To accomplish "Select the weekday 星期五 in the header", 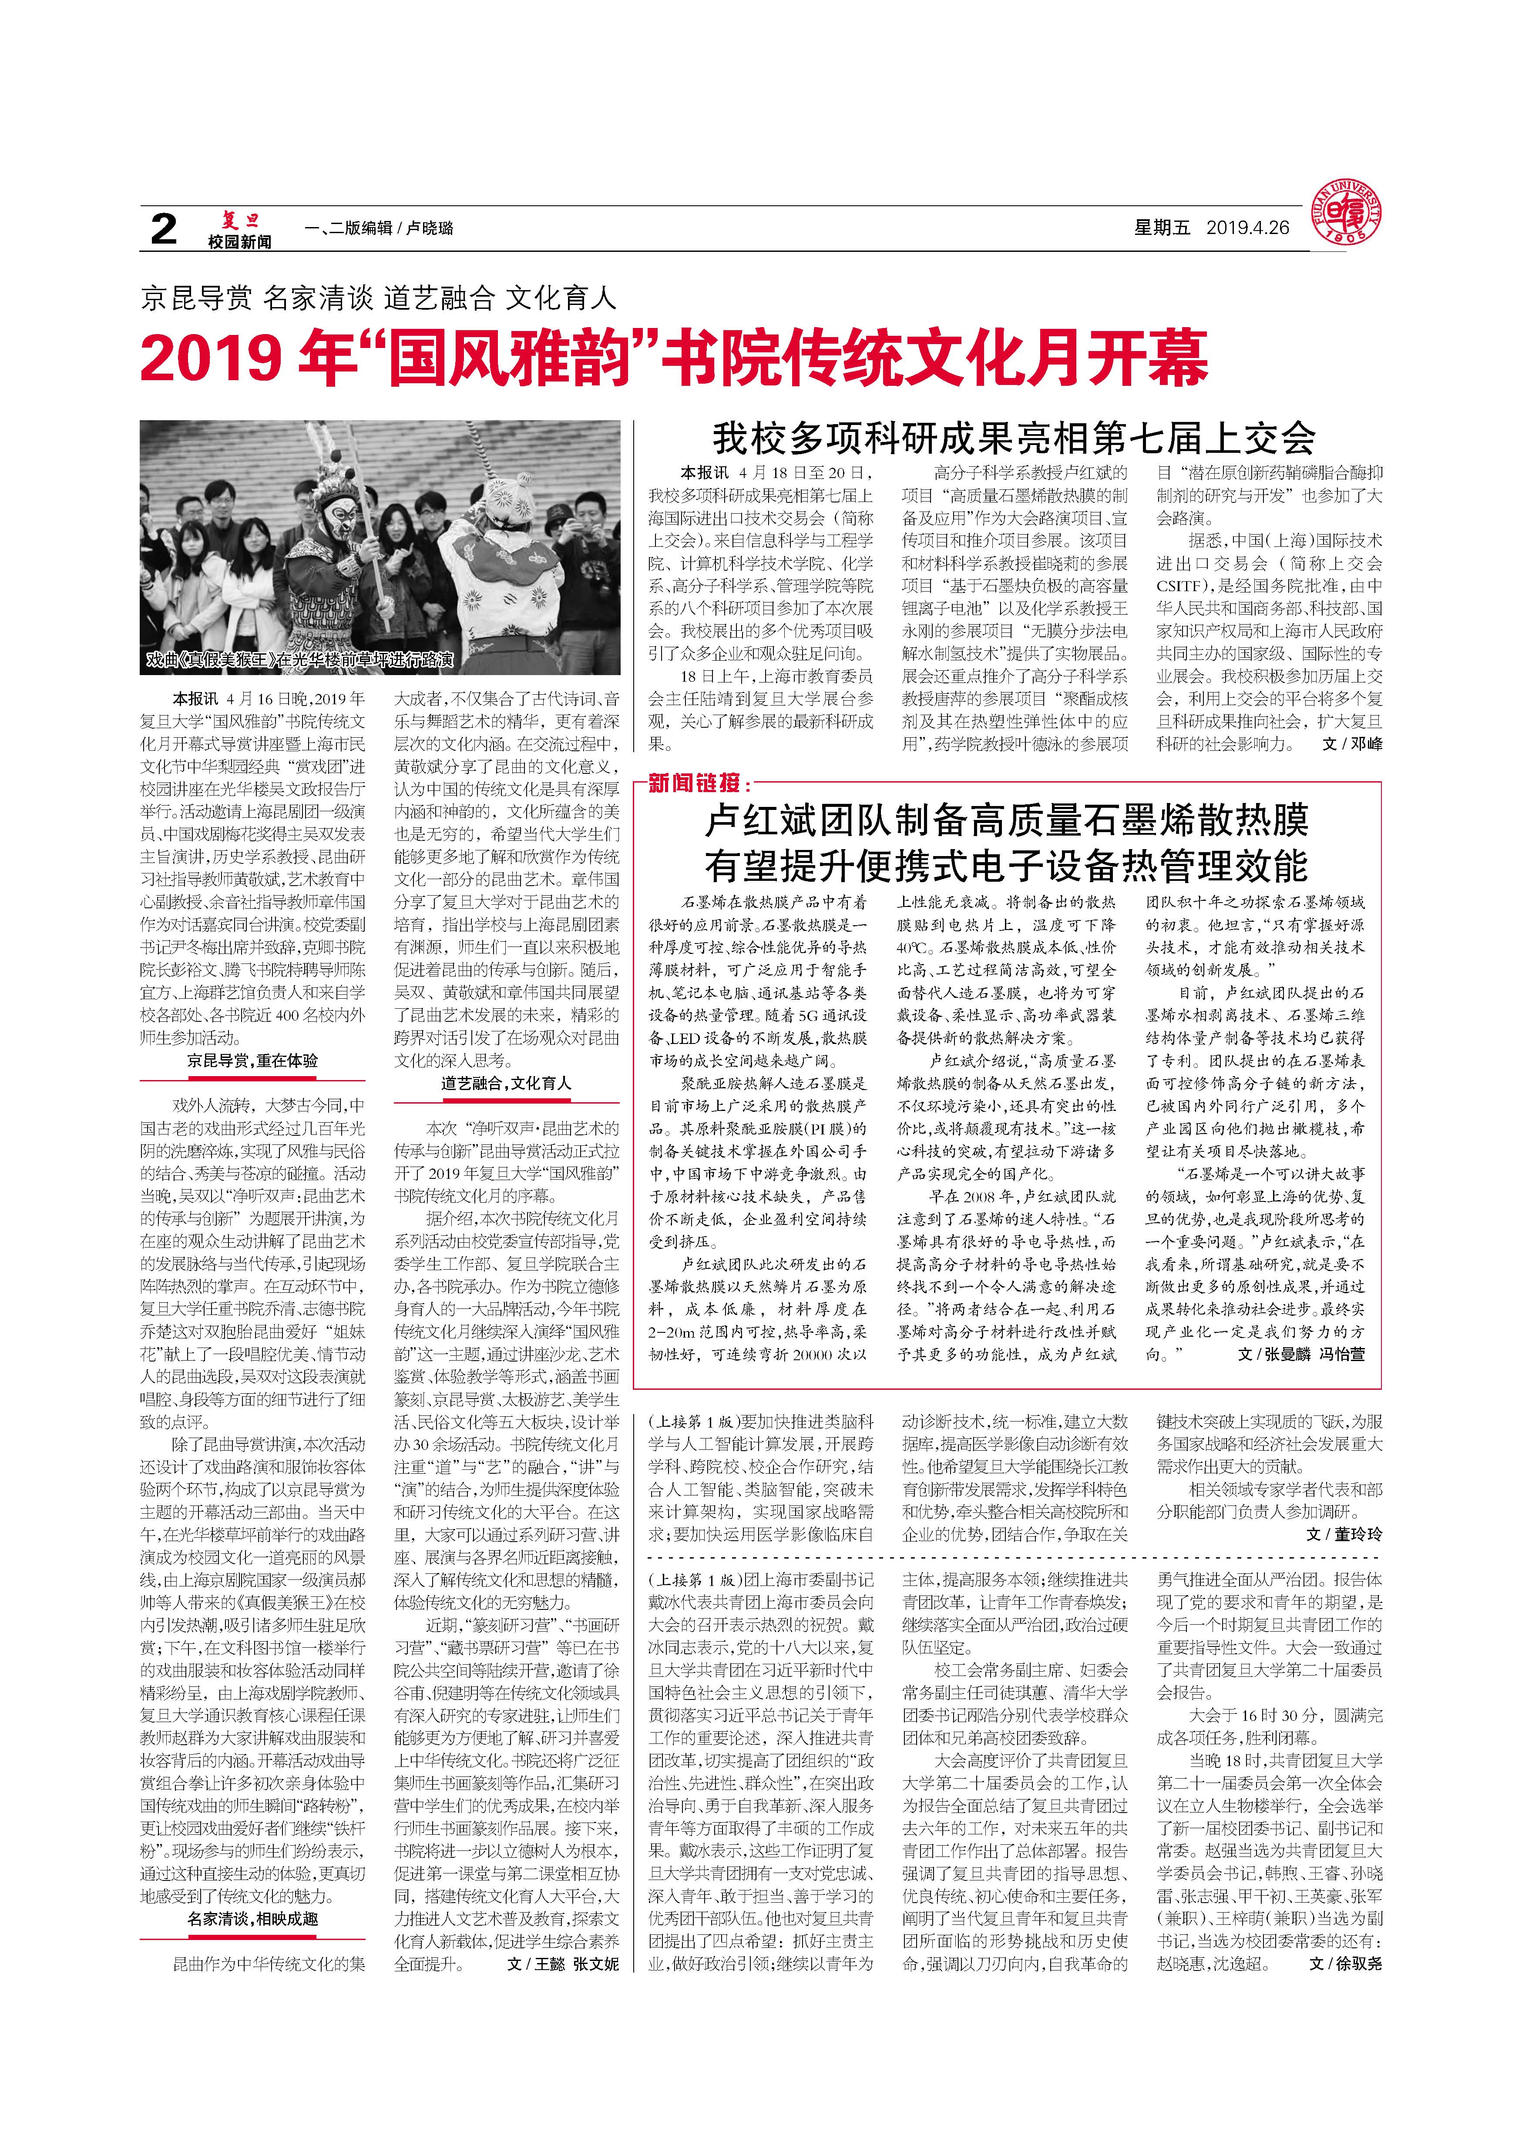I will tap(1162, 227).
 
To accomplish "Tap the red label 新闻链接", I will tap(698, 783).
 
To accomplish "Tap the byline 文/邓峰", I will tap(1351, 744).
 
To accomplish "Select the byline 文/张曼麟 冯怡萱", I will tap(1301, 1355).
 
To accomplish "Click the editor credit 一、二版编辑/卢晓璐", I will tap(380, 227).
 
